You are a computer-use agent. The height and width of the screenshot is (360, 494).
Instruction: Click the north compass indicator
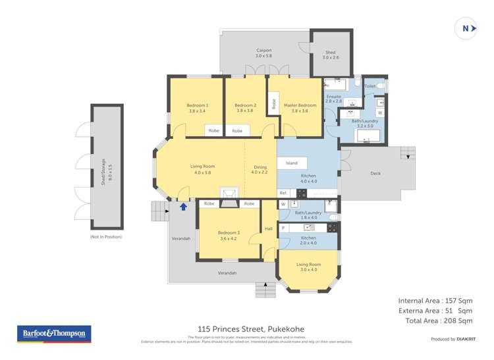click(466, 28)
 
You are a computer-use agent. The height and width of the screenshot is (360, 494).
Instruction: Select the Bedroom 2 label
click(245, 105)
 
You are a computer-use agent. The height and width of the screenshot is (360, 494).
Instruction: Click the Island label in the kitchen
click(291, 163)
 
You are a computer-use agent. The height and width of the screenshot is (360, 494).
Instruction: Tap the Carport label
click(263, 51)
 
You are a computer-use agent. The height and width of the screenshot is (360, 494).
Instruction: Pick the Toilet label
click(370, 86)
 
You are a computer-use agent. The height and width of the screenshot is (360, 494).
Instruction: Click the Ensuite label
click(334, 97)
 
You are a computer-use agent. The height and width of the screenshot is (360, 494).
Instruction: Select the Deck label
click(375, 174)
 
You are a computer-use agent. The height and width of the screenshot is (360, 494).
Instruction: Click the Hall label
click(269, 228)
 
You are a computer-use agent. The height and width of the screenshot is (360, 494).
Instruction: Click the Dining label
click(260, 167)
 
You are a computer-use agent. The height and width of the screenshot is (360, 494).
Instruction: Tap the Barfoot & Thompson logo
click(53, 334)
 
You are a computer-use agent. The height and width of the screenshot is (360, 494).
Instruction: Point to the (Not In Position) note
click(106, 236)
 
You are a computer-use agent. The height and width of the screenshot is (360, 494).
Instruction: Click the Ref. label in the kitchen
click(283, 193)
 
